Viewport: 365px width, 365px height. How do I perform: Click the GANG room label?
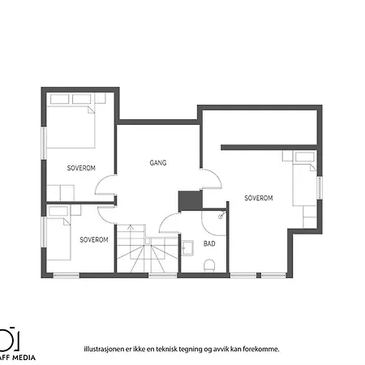pos(158,162)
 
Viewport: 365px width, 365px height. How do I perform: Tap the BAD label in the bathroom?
pos(209,243)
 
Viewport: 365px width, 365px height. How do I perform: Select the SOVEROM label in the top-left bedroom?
pos(82,168)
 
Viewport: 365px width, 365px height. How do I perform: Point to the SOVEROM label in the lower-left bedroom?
pos(95,240)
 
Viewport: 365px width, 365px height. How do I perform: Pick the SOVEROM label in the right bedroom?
pos(258,198)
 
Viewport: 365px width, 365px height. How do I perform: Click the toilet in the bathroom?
pos(208,264)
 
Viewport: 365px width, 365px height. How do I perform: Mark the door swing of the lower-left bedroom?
pos(106,213)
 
